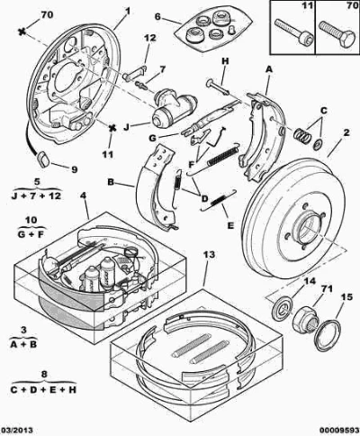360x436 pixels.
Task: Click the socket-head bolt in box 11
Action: click(x=294, y=31)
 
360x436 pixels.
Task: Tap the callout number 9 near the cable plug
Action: click(x=74, y=169)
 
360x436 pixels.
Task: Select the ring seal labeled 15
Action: click(x=328, y=335)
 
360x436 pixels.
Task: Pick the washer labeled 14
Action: click(x=282, y=308)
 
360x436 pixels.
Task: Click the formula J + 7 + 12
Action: click(x=36, y=196)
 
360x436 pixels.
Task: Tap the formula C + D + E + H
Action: click(x=43, y=390)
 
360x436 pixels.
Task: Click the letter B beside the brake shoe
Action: click(x=112, y=182)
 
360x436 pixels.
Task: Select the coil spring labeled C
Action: click(x=301, y=135)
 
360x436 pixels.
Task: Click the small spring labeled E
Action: click(x=219, y=200)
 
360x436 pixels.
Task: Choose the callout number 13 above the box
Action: click(x=209, y=255)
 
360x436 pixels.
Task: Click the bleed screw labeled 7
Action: click(x=141, y=85)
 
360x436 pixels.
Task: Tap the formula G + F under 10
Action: click(x=31, y=234)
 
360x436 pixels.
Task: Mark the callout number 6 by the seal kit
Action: click(x=158, y=16)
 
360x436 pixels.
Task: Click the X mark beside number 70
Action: click(x=22, y=31)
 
